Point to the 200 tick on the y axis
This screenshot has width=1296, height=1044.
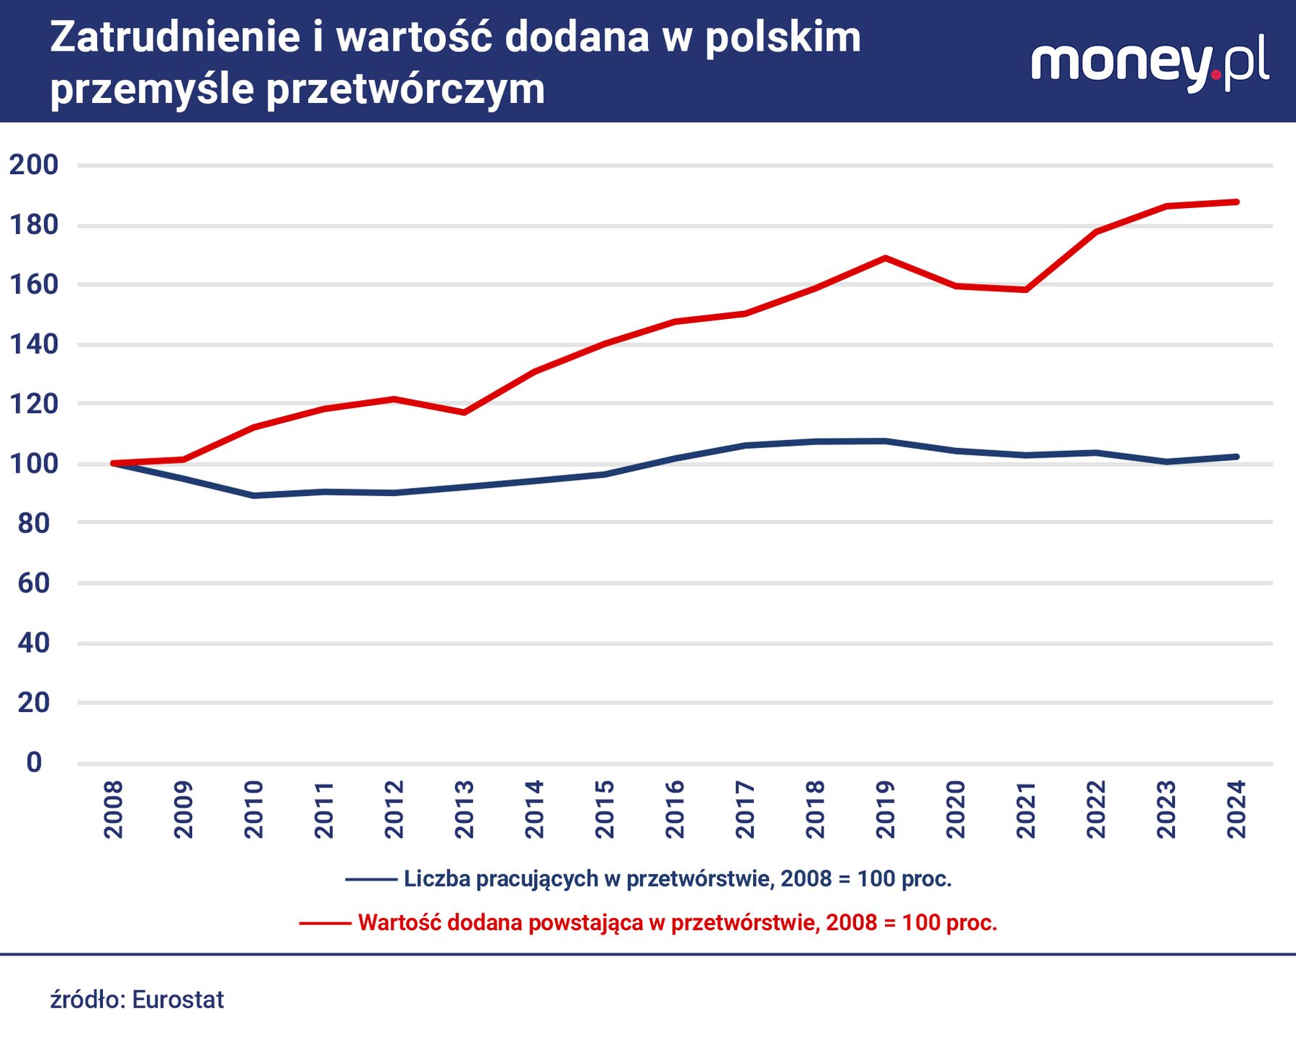click(33, 165)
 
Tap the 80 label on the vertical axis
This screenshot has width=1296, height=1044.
click(33, 523)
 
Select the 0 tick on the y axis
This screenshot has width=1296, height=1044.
click(34, 763)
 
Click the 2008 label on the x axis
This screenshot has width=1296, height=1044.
click(114, 810)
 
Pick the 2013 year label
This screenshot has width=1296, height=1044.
click(465, 810)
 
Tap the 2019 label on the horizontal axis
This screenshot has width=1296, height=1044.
click(885, 810)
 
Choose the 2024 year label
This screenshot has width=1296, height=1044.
click(1237, 810)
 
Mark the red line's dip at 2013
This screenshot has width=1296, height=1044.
click(464, 413)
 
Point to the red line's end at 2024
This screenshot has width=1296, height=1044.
click(1237, 202)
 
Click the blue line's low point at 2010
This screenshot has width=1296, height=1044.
click(254, 496)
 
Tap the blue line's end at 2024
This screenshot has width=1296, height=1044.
click(1237, 457)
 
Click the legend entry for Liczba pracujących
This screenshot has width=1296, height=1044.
click(677, 879)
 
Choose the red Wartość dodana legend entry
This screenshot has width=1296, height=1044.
click(677, 923)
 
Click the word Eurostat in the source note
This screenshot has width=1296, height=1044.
click(178, 1000)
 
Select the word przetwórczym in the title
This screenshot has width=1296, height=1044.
click(405, 90)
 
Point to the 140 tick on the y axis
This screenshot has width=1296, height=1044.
click(33, 344)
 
